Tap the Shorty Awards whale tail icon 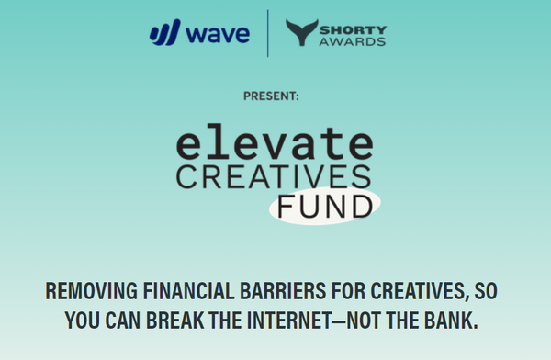tap(301, 33)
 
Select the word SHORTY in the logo tap(354, 26)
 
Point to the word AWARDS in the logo tap(355, 41)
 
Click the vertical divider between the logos tap(268, 34)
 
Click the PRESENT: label tap(271, 96)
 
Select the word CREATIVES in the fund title tap(274, 176)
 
